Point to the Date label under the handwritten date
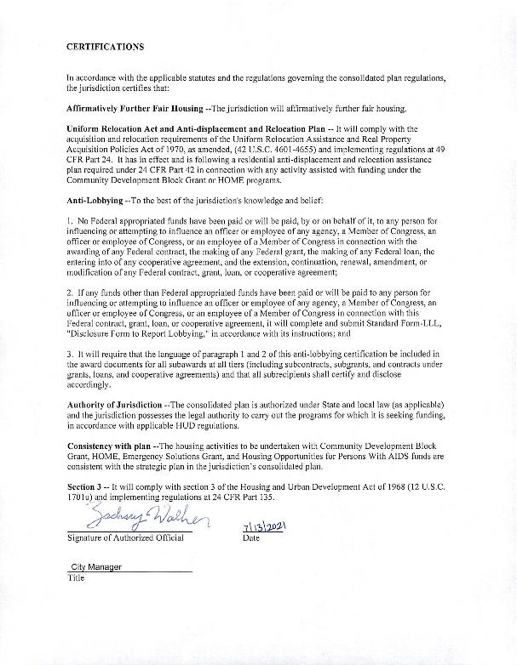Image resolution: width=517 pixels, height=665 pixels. [251, 538]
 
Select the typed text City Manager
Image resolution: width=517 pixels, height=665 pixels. [96, 566]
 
